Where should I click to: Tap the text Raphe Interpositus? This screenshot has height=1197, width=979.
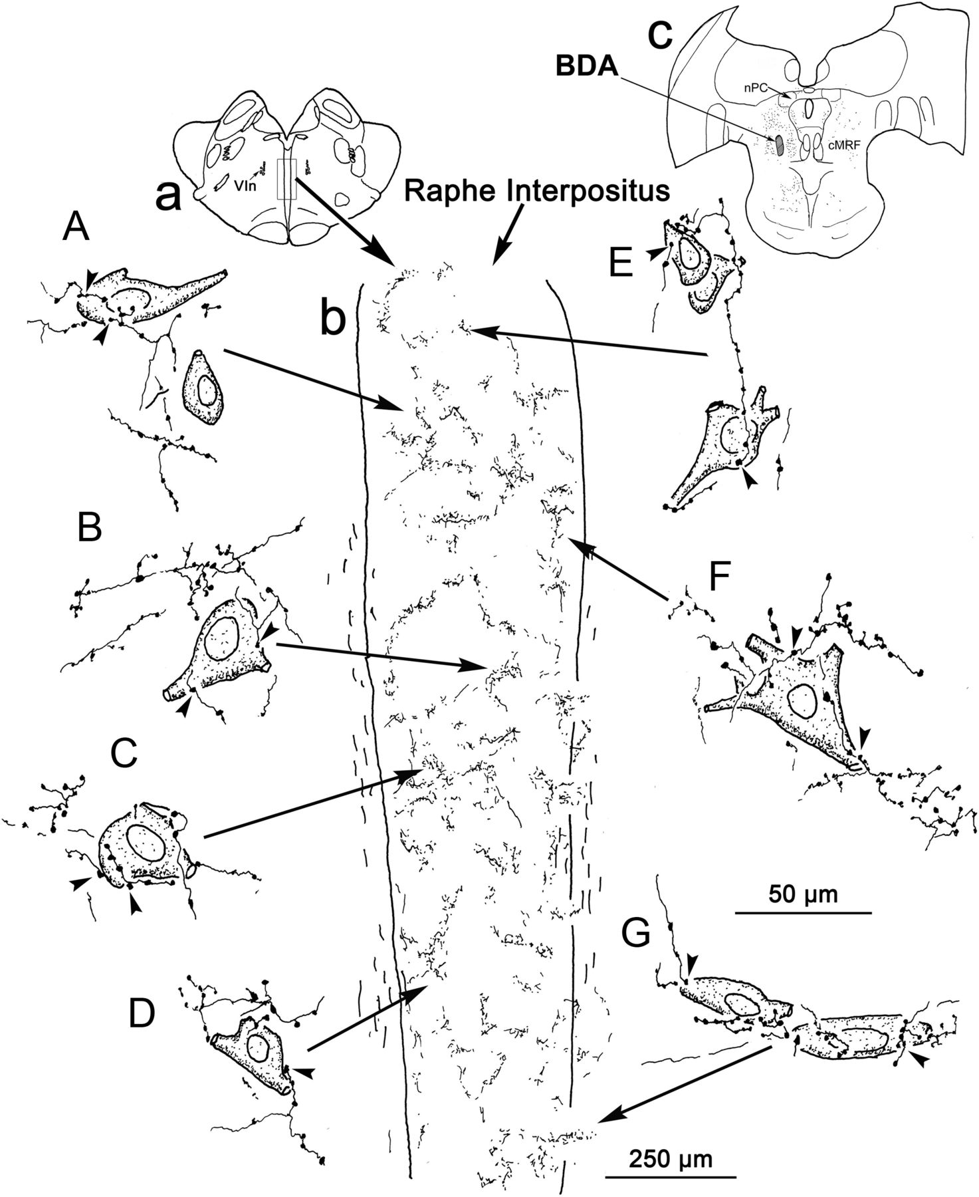[x=536, y=192]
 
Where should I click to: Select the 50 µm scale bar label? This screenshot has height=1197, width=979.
[x=803, y=893]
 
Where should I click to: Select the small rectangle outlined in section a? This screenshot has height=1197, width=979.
[x=286, y=180]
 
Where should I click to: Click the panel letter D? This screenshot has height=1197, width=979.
[x=143, y=1014]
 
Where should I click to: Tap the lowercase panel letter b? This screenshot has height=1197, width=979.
[x=332, y=320]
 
